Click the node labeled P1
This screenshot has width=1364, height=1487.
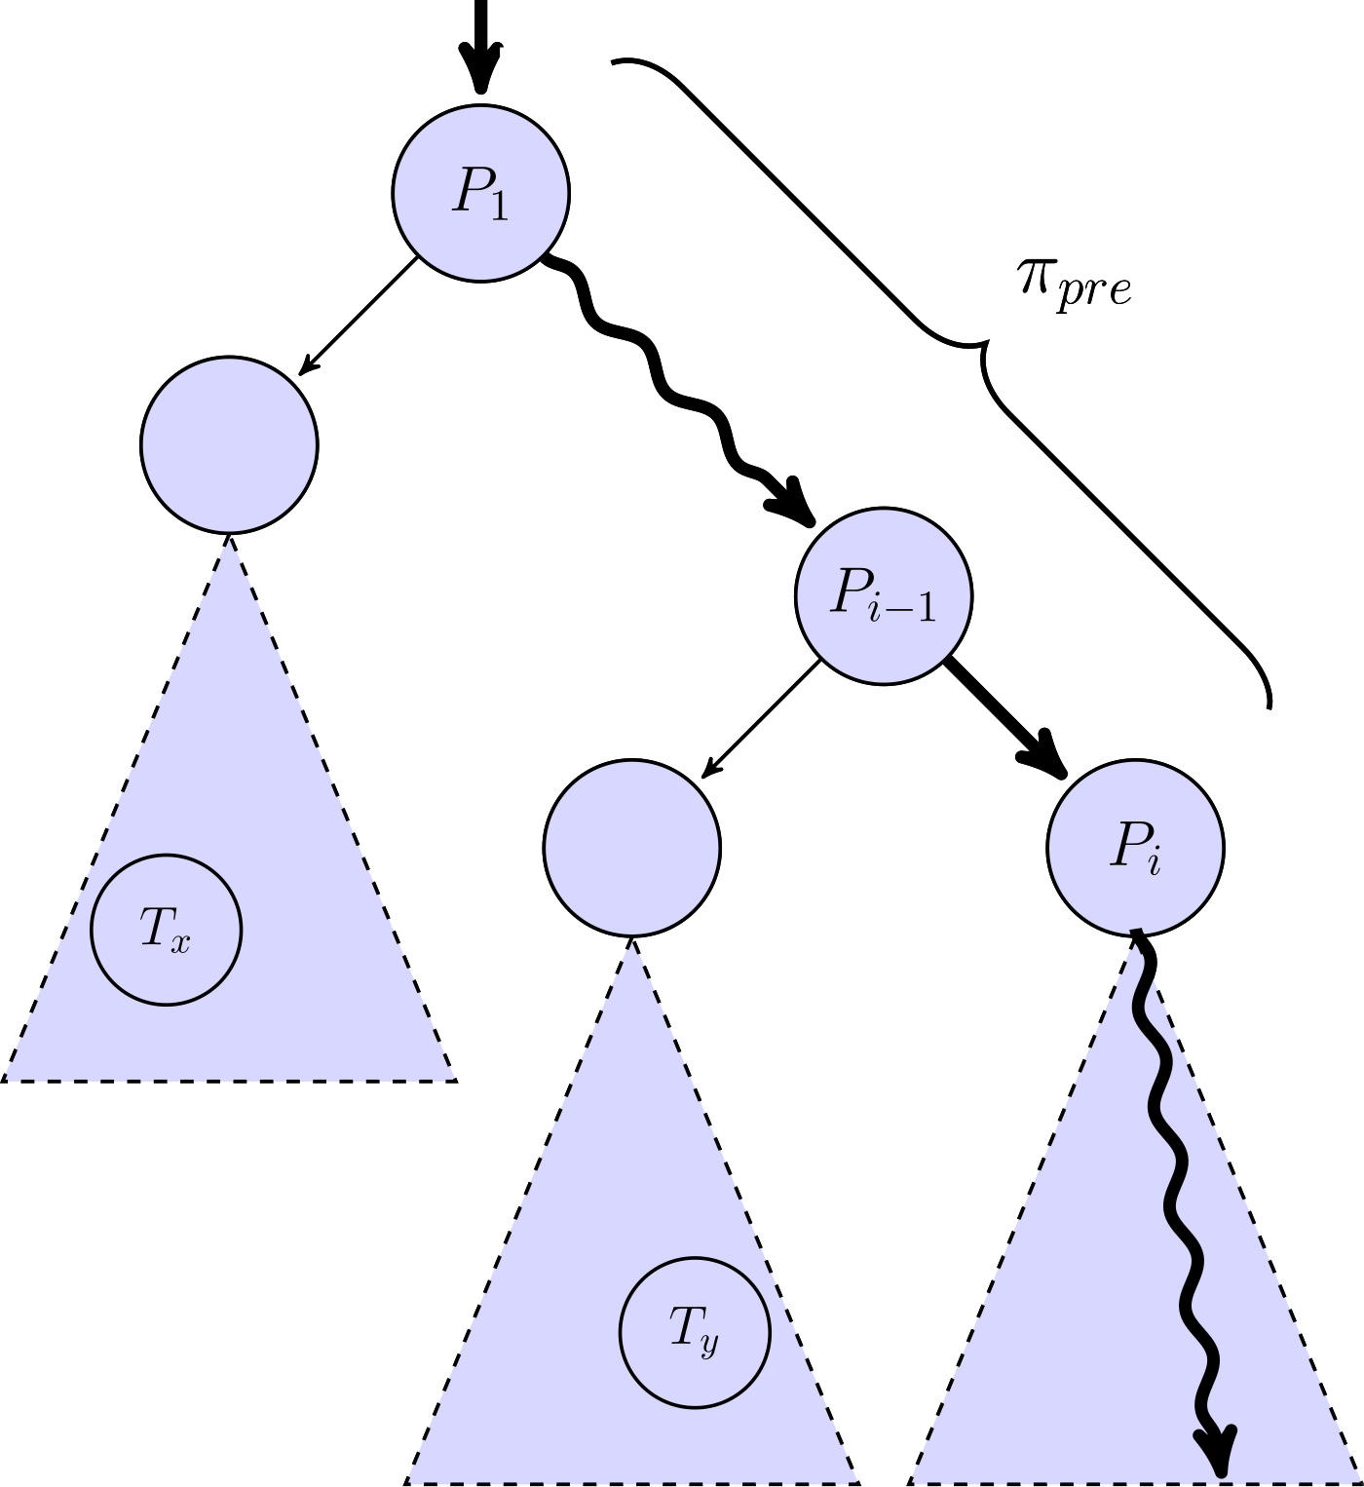point(480,193)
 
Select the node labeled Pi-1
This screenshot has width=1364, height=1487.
point(884,595)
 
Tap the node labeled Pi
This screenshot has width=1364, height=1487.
point(1135,848)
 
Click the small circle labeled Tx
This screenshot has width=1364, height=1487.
point(166,929)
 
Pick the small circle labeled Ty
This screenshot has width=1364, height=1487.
point(695,1331)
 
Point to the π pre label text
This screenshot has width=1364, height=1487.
point(1075,286)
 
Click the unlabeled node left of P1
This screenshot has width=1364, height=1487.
point(229,444)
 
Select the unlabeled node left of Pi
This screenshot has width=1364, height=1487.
point(631,847)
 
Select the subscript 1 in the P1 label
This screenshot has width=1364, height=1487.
point(499,207)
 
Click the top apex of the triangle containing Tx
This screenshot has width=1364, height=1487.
point(229,535)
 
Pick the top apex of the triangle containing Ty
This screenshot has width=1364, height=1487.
point(631,937)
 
